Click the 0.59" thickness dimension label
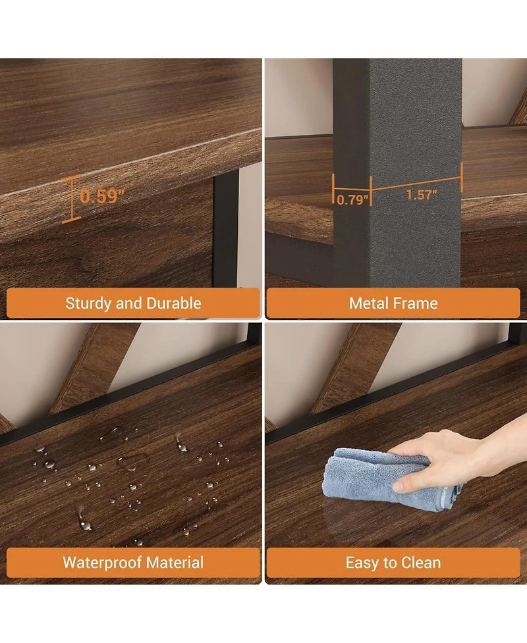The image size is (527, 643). point(102,196)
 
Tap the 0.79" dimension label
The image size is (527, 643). point(352,199)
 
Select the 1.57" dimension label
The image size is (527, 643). point(422,194)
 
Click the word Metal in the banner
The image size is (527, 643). point(366,303)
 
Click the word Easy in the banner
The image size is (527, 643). point(362,563)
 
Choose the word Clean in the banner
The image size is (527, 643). point(421,562)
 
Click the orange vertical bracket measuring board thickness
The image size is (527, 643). point(71,199)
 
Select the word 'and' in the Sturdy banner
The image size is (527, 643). point(129,303)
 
